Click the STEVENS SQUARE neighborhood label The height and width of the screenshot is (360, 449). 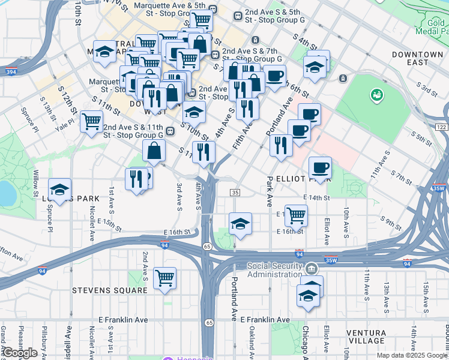tap(109, 290)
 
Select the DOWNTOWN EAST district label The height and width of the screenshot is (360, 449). tap(418, 58)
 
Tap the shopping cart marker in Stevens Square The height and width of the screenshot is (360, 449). tap(164, 278)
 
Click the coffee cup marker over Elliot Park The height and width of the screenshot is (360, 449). tap(320, 167)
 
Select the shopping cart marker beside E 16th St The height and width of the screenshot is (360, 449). tap(296, 215)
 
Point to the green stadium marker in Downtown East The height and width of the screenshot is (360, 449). tap(376, 94)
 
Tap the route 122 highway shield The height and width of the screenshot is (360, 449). tap(442, 127)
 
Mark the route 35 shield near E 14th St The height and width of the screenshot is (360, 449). tap(235, 192)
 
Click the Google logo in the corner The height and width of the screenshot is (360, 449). tap(20, 353)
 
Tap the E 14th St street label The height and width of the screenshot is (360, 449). tap(317, 197)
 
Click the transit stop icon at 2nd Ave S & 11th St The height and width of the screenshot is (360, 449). tap(170, 131)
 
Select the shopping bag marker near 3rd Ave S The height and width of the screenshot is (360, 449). tap(155, 151)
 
